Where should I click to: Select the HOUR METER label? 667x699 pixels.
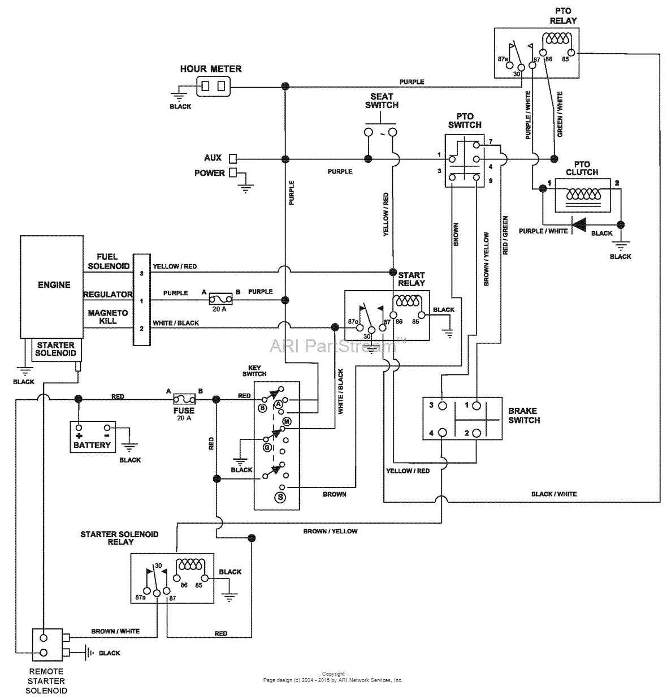click(211, 69)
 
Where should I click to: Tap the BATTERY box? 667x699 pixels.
click(92, 435)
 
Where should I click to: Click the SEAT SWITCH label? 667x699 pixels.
click(382, 101)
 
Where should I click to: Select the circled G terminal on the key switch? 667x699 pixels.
click(267, 447)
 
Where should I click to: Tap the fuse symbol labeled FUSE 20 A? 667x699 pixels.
click(185, 399)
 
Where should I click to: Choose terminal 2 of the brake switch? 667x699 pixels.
click(477, 433)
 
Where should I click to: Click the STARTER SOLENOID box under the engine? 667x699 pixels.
click(55, 349)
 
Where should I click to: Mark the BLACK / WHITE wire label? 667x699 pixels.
click(553, 494)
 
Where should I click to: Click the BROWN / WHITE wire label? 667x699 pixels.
click(115, 631)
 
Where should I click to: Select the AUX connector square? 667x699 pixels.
click(232, 158)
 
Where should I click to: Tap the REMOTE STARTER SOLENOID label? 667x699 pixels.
click(46, 681)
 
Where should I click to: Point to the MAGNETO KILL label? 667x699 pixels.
click(107, 317)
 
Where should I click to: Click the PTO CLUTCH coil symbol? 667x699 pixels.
click(583, 194)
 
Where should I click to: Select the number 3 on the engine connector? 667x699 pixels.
click(141, 274)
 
